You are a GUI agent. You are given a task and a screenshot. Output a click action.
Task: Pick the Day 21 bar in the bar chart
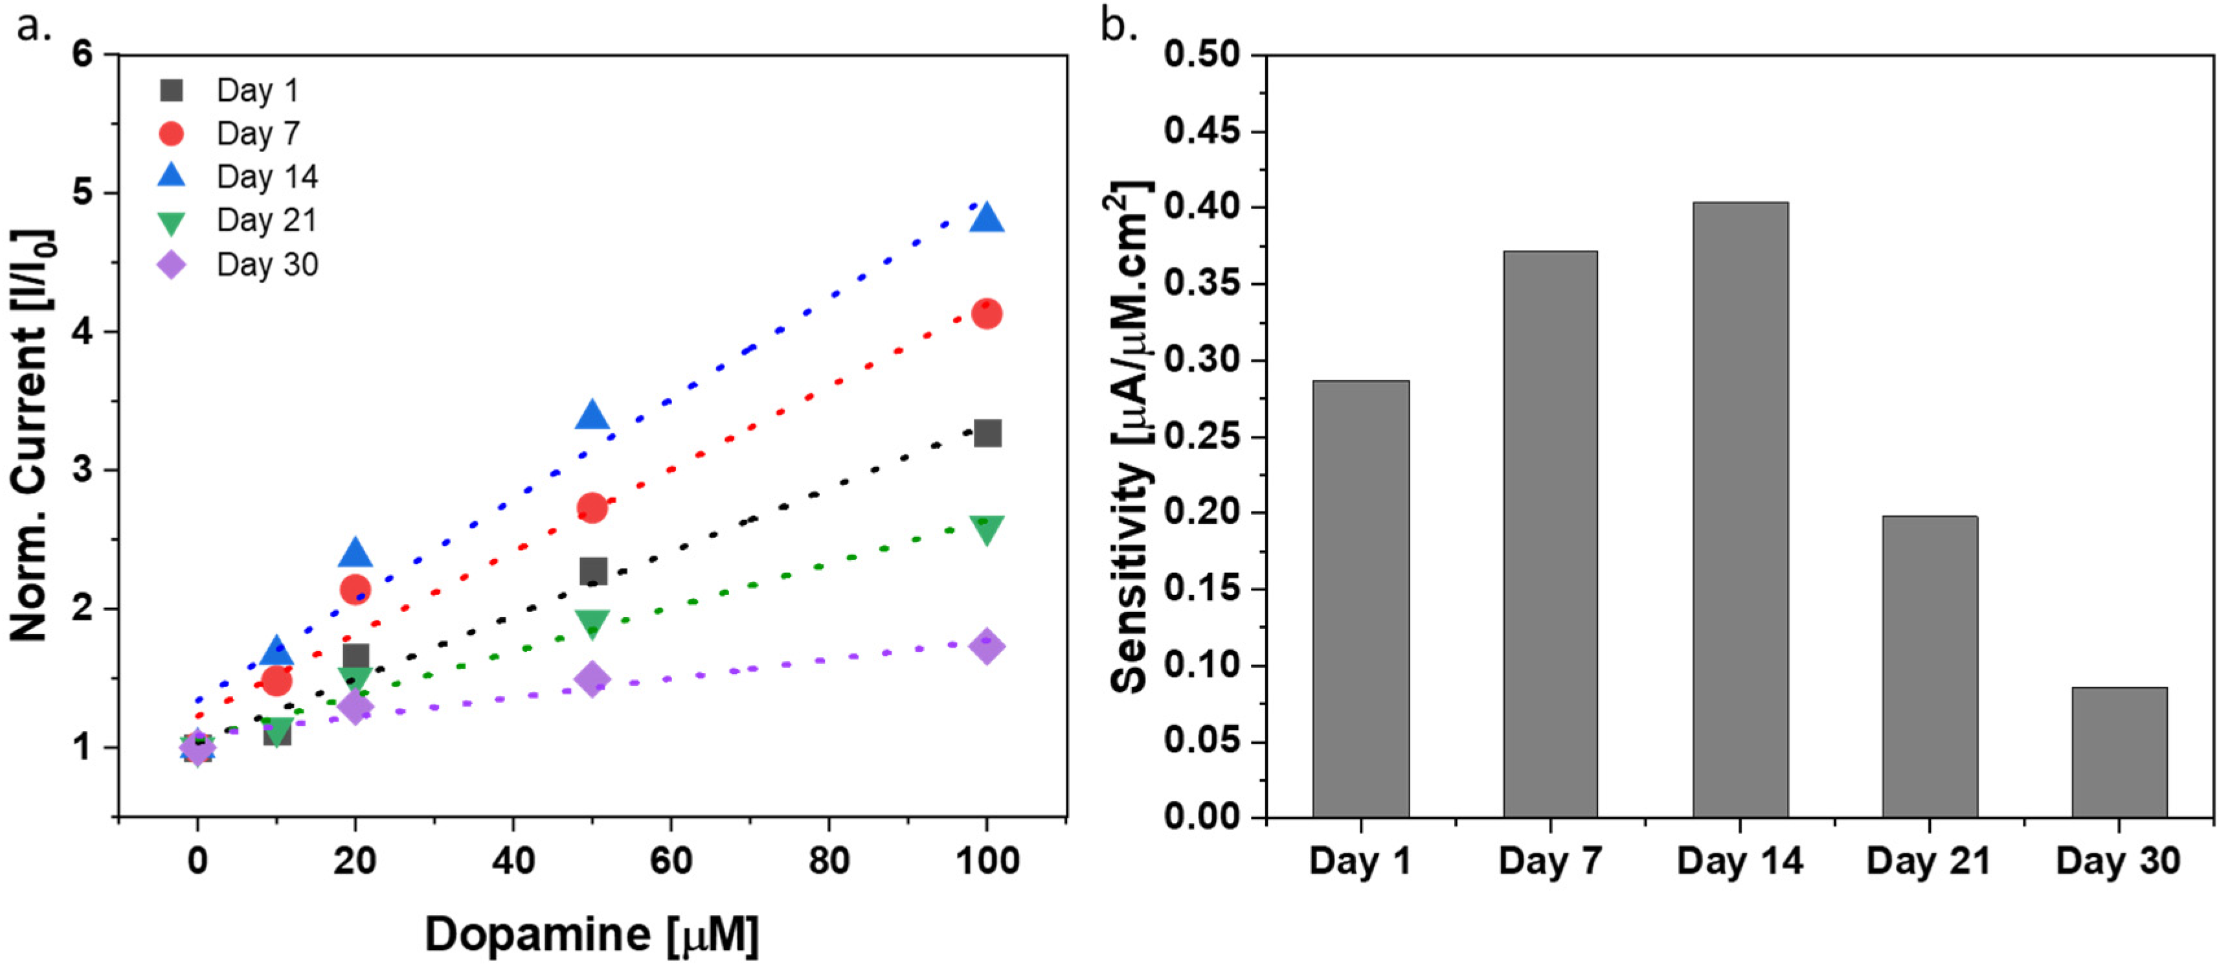tap(1929, 666)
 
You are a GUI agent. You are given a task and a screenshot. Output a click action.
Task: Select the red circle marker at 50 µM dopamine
tap(592, 508)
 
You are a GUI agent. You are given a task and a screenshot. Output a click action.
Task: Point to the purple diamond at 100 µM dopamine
tap(987, 646)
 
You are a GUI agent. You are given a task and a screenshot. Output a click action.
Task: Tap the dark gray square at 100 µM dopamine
tap(987, 433)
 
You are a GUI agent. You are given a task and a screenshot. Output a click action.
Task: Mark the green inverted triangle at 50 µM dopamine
tap(592, 623)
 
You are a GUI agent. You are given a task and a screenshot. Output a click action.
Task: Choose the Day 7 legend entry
tap(258, 133)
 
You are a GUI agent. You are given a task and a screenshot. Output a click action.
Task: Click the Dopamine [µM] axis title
tap(592, 934)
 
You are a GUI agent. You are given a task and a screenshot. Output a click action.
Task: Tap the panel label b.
tap(1118, 26)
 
